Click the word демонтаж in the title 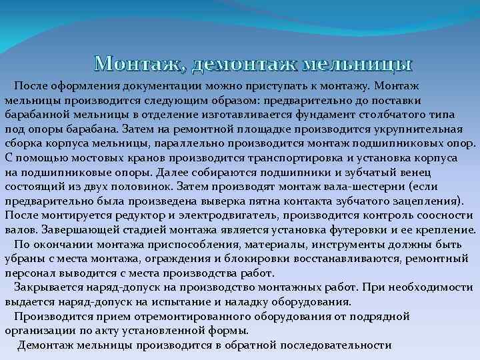(x=244, y=64)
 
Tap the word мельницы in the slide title (x=357, y=64)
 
